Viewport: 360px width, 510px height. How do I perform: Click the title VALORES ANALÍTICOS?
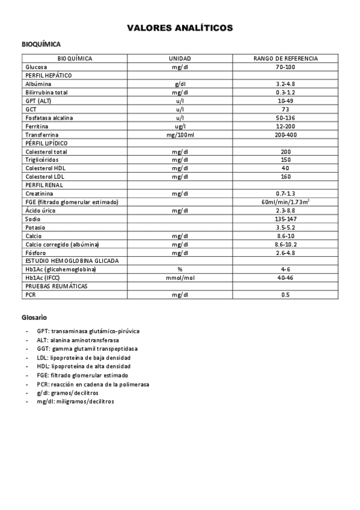coord(180,28)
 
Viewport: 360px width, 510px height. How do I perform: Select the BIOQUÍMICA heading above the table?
coord(41,45)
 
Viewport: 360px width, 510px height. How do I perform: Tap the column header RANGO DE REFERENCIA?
coord(285,58)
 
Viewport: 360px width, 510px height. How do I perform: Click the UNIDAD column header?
coord(180,58)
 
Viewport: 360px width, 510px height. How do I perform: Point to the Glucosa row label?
coord(36,67)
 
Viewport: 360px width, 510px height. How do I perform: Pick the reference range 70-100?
coord(285,67)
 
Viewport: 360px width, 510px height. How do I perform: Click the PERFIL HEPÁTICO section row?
coord(49,75)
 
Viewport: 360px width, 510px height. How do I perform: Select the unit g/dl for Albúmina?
coord(180,84)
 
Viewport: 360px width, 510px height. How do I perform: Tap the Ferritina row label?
coord(37,126)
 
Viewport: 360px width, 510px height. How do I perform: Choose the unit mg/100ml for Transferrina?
coord(180,135)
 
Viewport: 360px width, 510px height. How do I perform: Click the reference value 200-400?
coord(285,135)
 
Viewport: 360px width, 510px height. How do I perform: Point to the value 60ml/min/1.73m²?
coord(285,202)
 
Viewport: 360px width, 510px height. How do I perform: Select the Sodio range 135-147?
coord(285,219)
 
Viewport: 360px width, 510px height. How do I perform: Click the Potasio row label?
coord(35,228)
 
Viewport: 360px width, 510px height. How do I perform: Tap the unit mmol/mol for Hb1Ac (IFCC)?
coord(180,278)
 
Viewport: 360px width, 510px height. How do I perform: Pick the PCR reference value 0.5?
coord(285,295)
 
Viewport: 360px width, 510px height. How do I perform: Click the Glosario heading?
coord(34,317)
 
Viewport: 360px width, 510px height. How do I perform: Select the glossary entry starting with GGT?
coord(87,349)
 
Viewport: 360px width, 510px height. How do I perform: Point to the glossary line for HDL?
coord(84,366)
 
